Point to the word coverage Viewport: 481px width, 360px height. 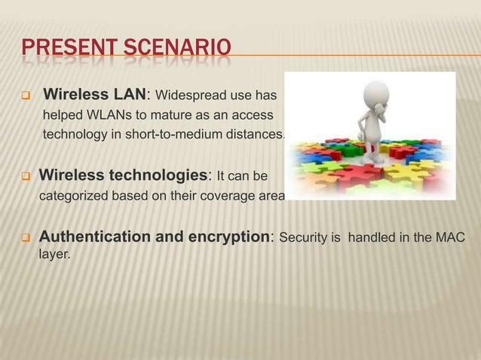click(x=226, y=197)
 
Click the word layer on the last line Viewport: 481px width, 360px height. click(x=54, y=256)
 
